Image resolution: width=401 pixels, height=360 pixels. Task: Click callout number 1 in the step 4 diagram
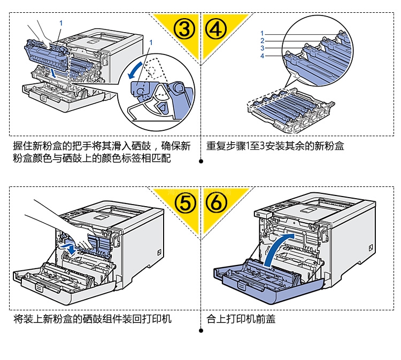(x=262, y=33)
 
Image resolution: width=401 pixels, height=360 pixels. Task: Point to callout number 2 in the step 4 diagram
(x=262, y=41)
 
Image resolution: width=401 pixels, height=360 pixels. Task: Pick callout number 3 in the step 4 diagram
(x=262, y=48)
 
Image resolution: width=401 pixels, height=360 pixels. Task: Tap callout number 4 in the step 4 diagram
(x=262, y=56)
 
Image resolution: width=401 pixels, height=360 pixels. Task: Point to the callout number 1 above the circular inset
(x=152, y=42)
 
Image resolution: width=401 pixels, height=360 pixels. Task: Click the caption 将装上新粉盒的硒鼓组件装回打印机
(x=92, y=319)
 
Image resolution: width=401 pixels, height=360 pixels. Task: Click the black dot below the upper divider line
(x=201, y=161)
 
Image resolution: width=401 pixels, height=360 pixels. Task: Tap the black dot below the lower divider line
(x=201, y=331)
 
